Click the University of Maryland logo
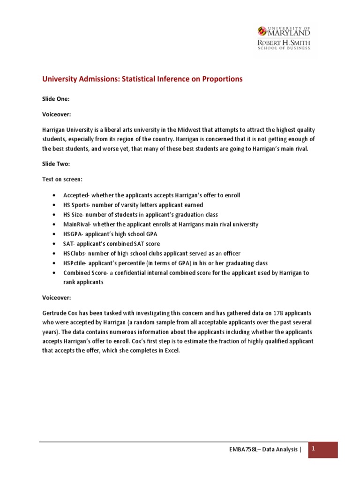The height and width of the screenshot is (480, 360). [283, 38]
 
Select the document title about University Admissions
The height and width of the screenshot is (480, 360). [142, 79]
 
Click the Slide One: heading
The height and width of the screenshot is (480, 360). [56, 99]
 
